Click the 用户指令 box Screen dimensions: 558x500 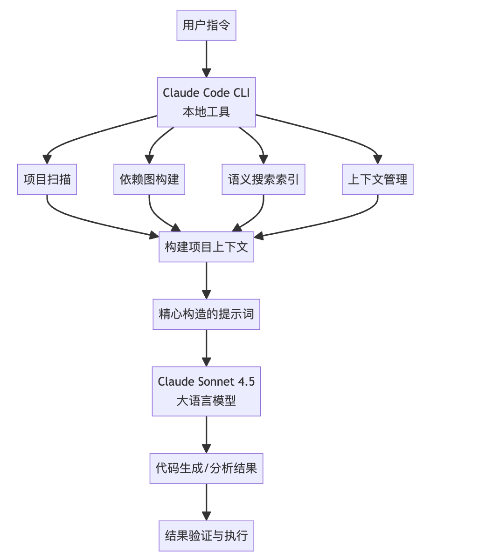(206, 25)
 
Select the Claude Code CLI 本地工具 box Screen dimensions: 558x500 (206, 102)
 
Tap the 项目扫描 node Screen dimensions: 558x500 (47, 179)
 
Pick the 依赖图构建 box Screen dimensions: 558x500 (149, 179)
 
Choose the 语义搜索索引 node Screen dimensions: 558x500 (263, 179)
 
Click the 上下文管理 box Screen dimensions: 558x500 (377, 179)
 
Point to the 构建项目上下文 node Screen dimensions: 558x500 (206, 247)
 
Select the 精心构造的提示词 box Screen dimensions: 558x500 (206, 314)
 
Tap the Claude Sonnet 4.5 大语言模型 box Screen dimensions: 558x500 (206, 391)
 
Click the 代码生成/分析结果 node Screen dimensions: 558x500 (206, 468)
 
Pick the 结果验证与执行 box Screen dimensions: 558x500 (206, 536)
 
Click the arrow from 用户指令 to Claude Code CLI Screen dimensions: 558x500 (206, 58)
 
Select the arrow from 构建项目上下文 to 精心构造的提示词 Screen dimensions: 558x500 (206, 279)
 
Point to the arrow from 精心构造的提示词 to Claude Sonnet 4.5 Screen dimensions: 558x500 (206, 347)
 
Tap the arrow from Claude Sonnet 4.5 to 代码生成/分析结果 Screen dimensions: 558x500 (206, 433)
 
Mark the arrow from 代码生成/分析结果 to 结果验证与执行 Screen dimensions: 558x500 (206, 501)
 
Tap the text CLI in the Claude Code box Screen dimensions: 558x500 (242, 93)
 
